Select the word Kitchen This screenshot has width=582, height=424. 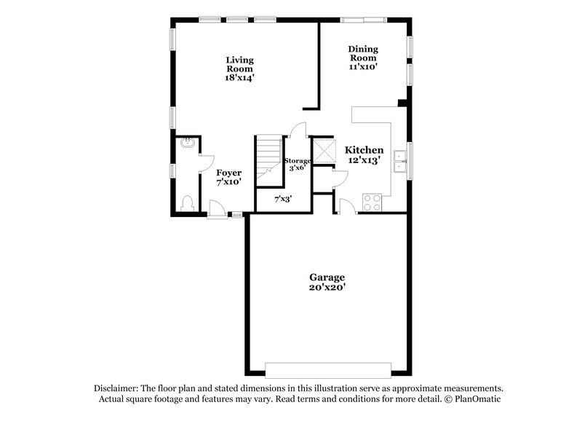coord(364,149)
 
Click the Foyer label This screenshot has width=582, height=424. coord(229,173)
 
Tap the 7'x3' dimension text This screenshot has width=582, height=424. coord(284,198)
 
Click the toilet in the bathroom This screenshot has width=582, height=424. coord(186,203)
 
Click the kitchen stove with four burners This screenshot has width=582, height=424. coord(372,201)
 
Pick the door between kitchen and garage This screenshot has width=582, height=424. coord(347,209)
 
